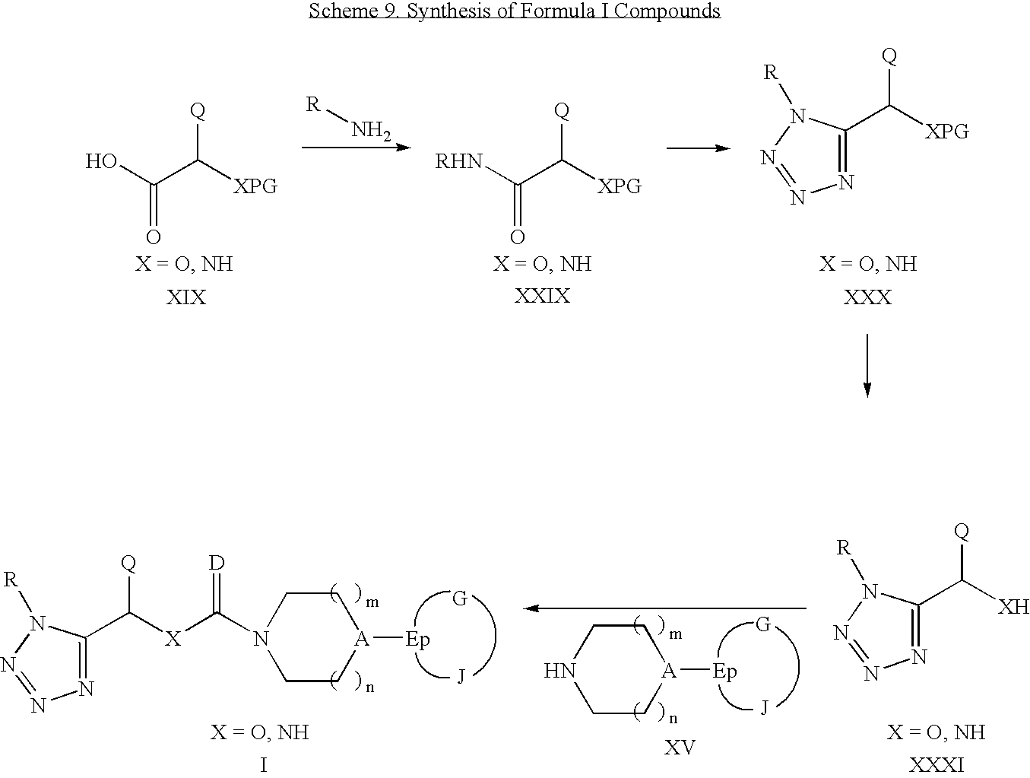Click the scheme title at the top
pos(515,11)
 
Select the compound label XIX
pos(186,297)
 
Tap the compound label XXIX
pos(542,295)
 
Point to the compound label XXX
pos(867,297)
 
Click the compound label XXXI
pos(936,764)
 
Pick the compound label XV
pos(680,748)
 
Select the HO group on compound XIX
pos(100,162)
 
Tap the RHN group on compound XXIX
pos(458,162)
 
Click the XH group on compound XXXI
pos(1013,606)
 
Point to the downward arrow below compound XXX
pos(867,365)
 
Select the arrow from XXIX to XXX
pos(699,148)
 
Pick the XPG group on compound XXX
pos(947,132)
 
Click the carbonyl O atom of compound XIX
pos(154,237)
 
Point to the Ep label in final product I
pos(417,640)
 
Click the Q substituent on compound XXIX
pos(562,112)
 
